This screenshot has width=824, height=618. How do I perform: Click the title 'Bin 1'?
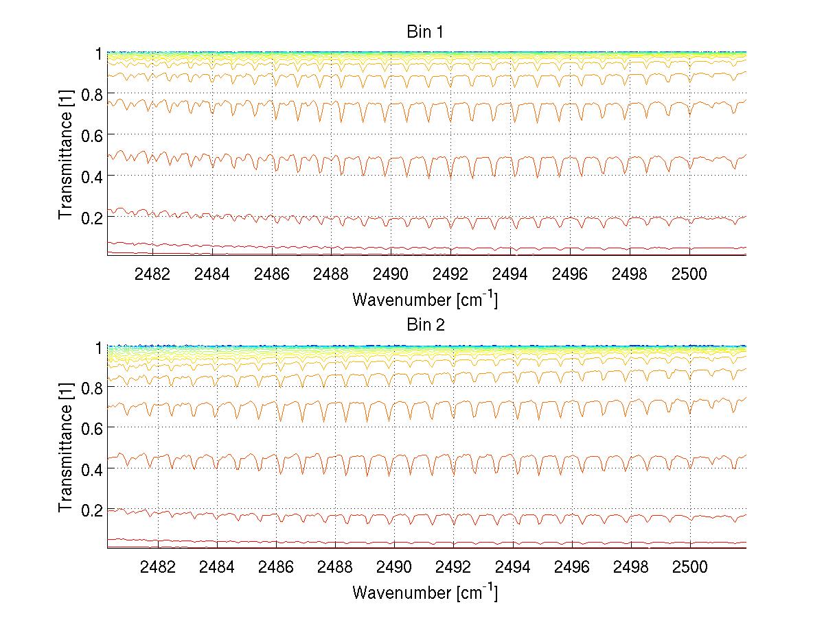click(425, 32)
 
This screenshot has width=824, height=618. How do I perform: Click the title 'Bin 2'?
click(425, 325)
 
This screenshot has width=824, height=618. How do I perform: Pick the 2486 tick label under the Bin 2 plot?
click(276, 569)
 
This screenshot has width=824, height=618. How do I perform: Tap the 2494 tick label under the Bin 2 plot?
click(512, 569)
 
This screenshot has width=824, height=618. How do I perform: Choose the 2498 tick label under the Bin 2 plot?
click(630, 569)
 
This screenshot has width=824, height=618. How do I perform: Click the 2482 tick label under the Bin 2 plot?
click(158, 569)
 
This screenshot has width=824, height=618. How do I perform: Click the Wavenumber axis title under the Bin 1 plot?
click(425, 300)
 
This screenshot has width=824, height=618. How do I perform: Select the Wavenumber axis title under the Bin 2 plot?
click(425, 593)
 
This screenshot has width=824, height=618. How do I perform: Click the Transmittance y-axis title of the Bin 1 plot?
click(66, 153)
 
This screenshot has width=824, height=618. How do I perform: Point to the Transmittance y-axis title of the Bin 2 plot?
click(66, 447)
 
